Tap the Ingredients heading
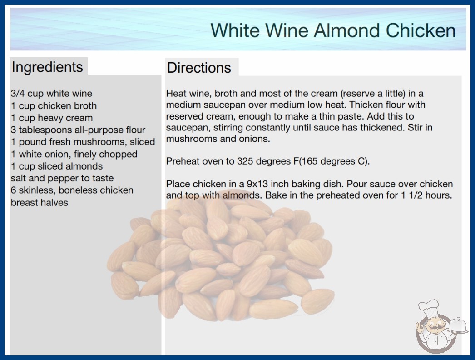(47, 67)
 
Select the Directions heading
(199, 68)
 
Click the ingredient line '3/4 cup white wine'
(51, 94)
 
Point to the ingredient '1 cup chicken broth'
(54, 106)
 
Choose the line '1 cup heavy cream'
(52, 118)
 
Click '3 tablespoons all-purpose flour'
(78, 130)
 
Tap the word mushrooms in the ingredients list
(100, 142)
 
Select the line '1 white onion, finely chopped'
(74, 154)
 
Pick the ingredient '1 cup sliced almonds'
(57, 166)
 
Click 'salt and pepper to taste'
(62, 178)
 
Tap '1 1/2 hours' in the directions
(426, 195)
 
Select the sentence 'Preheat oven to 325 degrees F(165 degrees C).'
(268, 161)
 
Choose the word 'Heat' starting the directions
(176, 94)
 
